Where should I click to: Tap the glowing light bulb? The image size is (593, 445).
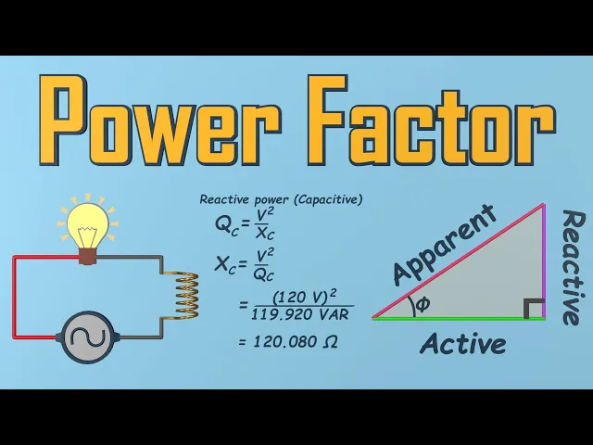[87, 222]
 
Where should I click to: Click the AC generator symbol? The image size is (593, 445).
[87, 335]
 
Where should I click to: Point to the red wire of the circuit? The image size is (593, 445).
[14, 297]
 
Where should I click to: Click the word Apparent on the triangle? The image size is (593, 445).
[445, 246]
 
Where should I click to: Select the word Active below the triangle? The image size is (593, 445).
[462, 344]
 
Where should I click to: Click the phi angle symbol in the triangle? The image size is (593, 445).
[423, 304]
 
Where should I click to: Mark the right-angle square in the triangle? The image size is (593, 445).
[533, 308]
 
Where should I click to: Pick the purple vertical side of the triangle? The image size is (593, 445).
[545, 269]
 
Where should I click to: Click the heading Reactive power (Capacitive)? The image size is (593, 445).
[281, 199]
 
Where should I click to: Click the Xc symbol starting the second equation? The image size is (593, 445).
[226, 264]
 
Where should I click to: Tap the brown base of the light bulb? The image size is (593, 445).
[87, 255]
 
